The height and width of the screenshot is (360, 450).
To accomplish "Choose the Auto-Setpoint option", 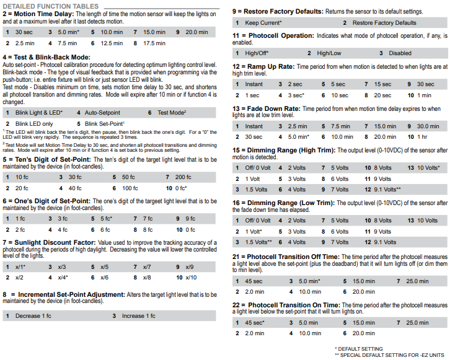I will (102, 113).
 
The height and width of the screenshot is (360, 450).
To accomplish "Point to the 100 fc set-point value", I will (130, 188).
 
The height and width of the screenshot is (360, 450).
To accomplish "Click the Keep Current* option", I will (263, 23).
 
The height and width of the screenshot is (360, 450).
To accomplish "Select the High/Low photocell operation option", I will (330, 53).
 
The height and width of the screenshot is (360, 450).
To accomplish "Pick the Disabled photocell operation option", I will (400, 53).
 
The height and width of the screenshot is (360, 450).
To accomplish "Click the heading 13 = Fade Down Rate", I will (272, 108).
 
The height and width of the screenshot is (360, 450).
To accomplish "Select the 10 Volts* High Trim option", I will (429, 168).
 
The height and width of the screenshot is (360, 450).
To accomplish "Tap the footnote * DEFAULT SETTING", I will (359, 348).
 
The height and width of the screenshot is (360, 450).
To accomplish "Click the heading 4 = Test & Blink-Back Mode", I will (46, 57).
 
